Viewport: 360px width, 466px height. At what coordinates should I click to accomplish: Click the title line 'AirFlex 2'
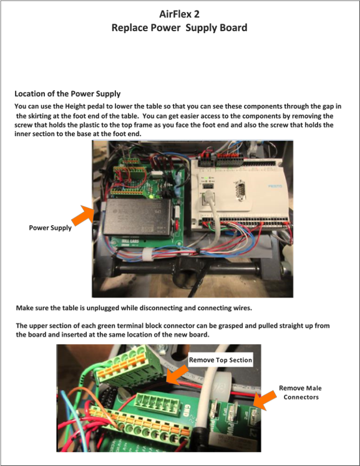179,14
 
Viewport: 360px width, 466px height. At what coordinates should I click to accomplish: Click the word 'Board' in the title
233,27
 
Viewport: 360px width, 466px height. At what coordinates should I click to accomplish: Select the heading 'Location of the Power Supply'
67,94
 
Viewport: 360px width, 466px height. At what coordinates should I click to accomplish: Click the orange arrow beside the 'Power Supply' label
83,215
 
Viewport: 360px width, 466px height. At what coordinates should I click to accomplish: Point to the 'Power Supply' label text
51,228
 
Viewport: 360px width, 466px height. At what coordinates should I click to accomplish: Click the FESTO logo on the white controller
275,187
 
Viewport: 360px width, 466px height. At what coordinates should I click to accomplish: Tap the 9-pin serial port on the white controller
240,189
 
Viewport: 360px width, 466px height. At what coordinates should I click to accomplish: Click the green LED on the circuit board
151,197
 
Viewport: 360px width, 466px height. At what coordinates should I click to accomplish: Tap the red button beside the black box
177,225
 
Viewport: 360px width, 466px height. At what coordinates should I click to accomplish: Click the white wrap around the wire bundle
147,255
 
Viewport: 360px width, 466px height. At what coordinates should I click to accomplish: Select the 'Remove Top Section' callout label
221,360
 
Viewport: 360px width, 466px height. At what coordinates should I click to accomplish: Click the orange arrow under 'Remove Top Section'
177,374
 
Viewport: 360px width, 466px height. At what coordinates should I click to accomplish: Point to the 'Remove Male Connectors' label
300,392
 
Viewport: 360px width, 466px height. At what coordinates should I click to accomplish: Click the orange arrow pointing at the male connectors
265,400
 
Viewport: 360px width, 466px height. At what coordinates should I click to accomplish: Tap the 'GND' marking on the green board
187,410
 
